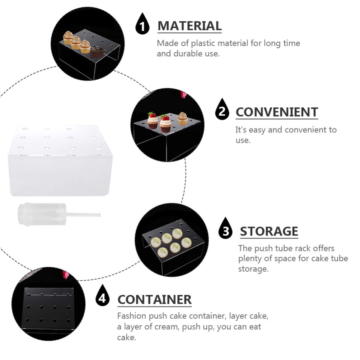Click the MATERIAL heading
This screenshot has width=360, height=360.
pos(190,26)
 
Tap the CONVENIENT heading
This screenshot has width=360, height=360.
pos(277,112)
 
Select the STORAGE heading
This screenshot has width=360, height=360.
pos(269,231)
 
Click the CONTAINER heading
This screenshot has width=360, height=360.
pos(154,300)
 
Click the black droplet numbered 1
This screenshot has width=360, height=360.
pos(142,24)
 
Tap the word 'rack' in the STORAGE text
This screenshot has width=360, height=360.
pos(300,248)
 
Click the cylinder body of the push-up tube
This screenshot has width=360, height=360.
pos(42,214)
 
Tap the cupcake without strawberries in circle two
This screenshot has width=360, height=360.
pos(183,118)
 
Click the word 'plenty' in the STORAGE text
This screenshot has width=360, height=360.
pos(249,259)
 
